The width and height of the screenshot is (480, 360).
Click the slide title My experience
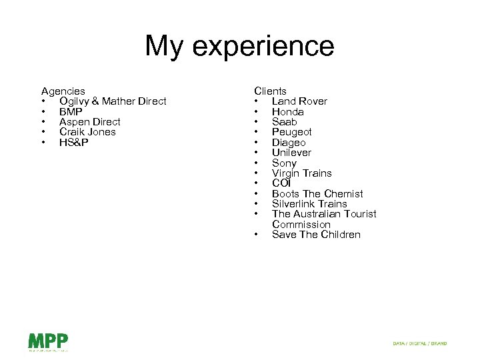[x=239, y=46]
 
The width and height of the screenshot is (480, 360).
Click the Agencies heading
[x=63, y=91]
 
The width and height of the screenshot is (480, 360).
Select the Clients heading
[x=270, y=91]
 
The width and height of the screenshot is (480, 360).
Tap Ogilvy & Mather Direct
[x=113, y=101]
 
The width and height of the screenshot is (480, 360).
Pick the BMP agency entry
[x=71, y=111]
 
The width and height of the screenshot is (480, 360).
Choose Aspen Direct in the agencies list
[x=89, y=122]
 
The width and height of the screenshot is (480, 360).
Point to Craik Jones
[x=87, y=132]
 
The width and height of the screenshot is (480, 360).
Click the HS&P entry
[x=73, y=143]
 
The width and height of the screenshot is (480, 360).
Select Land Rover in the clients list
[x=299, y=101]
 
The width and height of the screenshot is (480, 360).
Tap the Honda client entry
[x=287, y=111]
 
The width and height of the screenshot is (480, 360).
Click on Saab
[x=284, y=122]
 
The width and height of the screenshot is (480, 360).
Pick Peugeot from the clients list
[x=291, y=132]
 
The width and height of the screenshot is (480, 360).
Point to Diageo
[x=289, y=143]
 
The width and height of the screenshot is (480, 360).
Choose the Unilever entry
[x=291, y=153]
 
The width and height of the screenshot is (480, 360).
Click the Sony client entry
[x=284, y=163]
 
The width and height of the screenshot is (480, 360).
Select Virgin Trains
[x=301, y=173]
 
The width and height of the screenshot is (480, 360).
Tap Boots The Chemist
[x=317, y=194]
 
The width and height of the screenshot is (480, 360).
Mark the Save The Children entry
[x=316, y=235]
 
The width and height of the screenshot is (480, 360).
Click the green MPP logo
[x=48, y=341]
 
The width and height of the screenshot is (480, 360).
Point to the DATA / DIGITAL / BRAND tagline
[x=419, y=343]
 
